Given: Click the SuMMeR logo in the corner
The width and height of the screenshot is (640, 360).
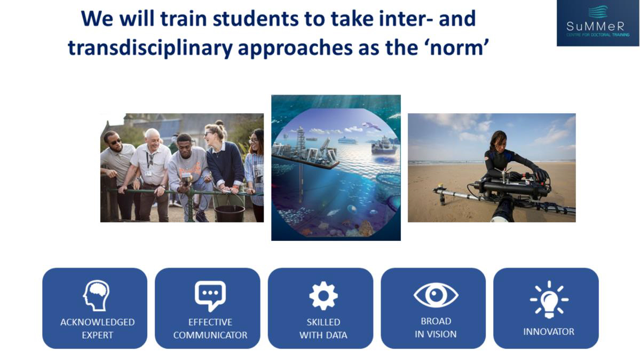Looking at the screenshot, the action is tap(597, 23).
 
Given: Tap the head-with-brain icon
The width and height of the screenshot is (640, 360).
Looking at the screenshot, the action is tap(96, 295).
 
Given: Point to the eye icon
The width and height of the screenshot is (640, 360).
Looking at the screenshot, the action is tap(436, 295).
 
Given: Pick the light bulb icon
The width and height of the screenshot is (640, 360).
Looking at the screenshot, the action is tap(549, 300).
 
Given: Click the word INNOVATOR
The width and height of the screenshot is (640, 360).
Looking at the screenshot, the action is tap(549, 331).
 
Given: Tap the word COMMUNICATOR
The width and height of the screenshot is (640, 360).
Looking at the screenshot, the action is tap(210, 335).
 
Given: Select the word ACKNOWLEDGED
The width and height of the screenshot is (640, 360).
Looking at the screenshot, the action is tap(98, 322).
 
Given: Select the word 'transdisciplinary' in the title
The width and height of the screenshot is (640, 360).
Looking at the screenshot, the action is tap(150, 48).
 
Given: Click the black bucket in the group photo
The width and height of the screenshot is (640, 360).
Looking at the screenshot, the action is tap(230, 214).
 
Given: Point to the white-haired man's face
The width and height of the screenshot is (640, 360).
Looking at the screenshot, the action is tap(152, 140).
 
